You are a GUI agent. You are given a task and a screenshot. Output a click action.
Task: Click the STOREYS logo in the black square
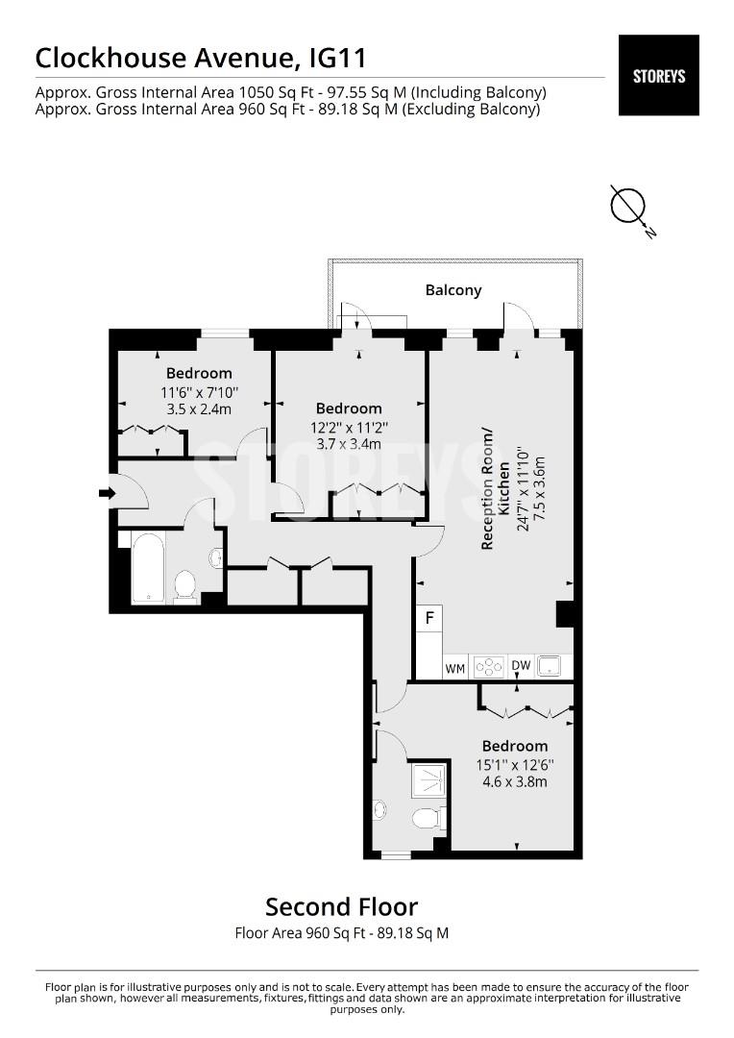click(x=658, y=76)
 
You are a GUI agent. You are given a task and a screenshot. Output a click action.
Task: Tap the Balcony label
click(x=453, y=290)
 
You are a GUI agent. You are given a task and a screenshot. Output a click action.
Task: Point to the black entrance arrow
click(x=107, y=493)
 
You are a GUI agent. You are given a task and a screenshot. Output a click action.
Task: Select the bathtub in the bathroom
click(x=147, y=568)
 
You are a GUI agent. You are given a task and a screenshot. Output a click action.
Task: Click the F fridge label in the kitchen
click(x=429, y=618)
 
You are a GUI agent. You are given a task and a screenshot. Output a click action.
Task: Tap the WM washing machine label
click(x=454, y=669)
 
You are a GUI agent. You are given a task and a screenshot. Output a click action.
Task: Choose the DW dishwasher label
click(x=521, y=665)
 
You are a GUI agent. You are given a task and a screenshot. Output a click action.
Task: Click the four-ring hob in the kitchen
click(x=488, y=667)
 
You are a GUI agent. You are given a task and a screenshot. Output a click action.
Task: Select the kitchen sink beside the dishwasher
click(x=550, y=666)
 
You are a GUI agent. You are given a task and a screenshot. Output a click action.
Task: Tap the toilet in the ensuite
click(x=428, y=818)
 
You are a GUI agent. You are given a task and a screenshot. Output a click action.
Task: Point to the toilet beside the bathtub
click(x=186, y=586)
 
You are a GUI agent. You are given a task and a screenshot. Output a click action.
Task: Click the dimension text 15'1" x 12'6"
click(x=515, y=765)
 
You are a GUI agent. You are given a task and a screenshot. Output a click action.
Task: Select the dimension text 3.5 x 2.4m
click(x=199, y=409)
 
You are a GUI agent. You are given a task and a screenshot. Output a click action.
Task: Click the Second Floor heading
click(x=341, y=906)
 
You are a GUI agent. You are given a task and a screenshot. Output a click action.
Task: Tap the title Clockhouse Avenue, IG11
click(x=201, y=59)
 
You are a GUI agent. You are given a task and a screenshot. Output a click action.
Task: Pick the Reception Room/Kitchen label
click(x=495, y=489)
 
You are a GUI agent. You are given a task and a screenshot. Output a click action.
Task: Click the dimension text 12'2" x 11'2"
click(x=349, y=428)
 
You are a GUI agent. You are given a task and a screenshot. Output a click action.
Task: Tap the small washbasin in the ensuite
click(x=379, y=809)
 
